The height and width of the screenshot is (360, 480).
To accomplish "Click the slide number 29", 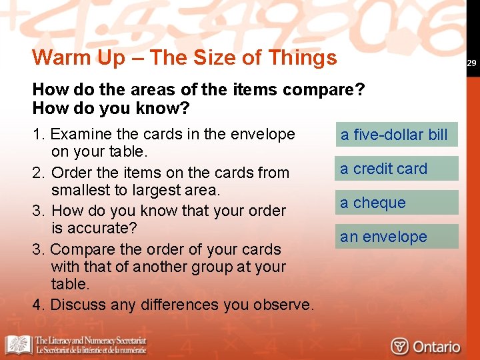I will tap(471, 63).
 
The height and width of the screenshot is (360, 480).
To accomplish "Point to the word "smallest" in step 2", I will tap(81, 190).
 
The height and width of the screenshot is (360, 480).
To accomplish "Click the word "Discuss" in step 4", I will tap(76, 305).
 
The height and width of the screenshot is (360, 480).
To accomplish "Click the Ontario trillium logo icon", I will tap(399, 347).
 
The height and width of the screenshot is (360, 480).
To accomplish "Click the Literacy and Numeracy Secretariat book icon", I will tap(19, 345).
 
